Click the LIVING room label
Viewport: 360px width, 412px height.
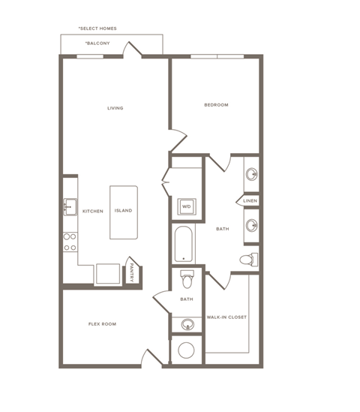pos(115,108)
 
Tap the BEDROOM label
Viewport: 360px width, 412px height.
pos(216,105)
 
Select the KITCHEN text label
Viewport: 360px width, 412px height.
pos(92,211)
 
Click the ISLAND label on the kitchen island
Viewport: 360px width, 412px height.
pos(123,211)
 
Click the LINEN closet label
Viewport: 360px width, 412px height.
pos(250,200)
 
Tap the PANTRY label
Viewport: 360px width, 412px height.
pos(131,271)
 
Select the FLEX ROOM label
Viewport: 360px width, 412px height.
pos(102,324)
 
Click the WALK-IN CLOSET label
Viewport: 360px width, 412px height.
pos(226,317)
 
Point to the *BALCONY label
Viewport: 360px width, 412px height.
pos(97,44)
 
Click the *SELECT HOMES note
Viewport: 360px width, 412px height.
pos(97,29)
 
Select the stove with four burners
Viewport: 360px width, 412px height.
pos(70,241)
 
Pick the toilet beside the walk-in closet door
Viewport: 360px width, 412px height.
pos(248,260)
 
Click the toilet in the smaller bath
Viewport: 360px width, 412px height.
pos(187,279)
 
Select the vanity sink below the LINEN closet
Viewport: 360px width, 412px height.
pos(252,225)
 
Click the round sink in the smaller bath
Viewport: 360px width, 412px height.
pos(187,324)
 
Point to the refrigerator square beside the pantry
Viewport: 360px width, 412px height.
pos(105,274)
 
